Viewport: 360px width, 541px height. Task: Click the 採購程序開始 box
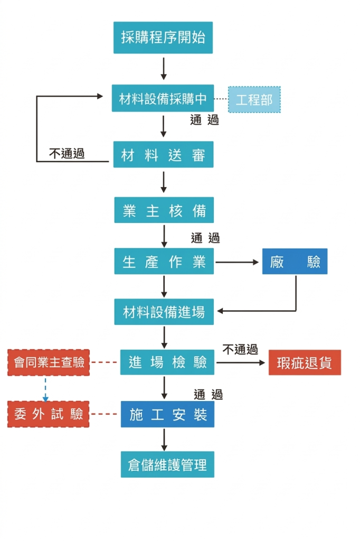click(163, 38)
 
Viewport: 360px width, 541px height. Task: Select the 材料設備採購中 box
click(163, 98)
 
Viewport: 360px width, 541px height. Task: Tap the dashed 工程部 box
click(254, 99)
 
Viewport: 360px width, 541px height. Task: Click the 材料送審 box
click(163, 155)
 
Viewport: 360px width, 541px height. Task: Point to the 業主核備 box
click(164, 210)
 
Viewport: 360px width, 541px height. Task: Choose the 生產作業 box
click(164, 262)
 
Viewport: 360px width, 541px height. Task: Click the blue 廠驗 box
click(295, 262)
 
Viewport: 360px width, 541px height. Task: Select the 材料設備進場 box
click(164, 312)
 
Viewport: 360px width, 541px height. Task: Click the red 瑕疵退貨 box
click(305, 363)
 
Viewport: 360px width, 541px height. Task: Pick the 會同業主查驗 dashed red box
click(49, 362)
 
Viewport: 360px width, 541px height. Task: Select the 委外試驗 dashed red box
click(49, 414)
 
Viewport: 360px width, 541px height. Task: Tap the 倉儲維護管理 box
click(167, 464)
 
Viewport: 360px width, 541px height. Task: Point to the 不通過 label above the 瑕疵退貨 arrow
click(240, 349)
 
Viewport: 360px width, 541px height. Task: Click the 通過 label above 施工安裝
click(208, 394)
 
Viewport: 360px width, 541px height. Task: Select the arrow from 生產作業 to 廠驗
click(238, 262)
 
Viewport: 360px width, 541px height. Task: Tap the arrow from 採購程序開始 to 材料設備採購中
click(164, 69)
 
